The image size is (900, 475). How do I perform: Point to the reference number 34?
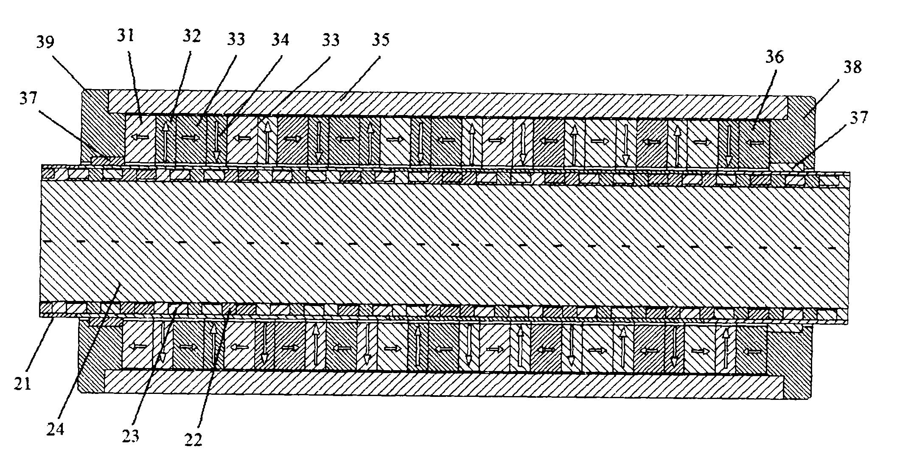coord(279,39)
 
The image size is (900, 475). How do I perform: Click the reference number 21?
coord(22,383)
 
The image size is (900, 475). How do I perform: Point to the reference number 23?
coord(130,436)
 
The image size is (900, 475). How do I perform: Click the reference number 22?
coord(193,440)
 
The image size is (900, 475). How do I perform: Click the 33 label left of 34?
coord(236,39)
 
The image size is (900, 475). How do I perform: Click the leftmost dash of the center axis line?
coord(48,241)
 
